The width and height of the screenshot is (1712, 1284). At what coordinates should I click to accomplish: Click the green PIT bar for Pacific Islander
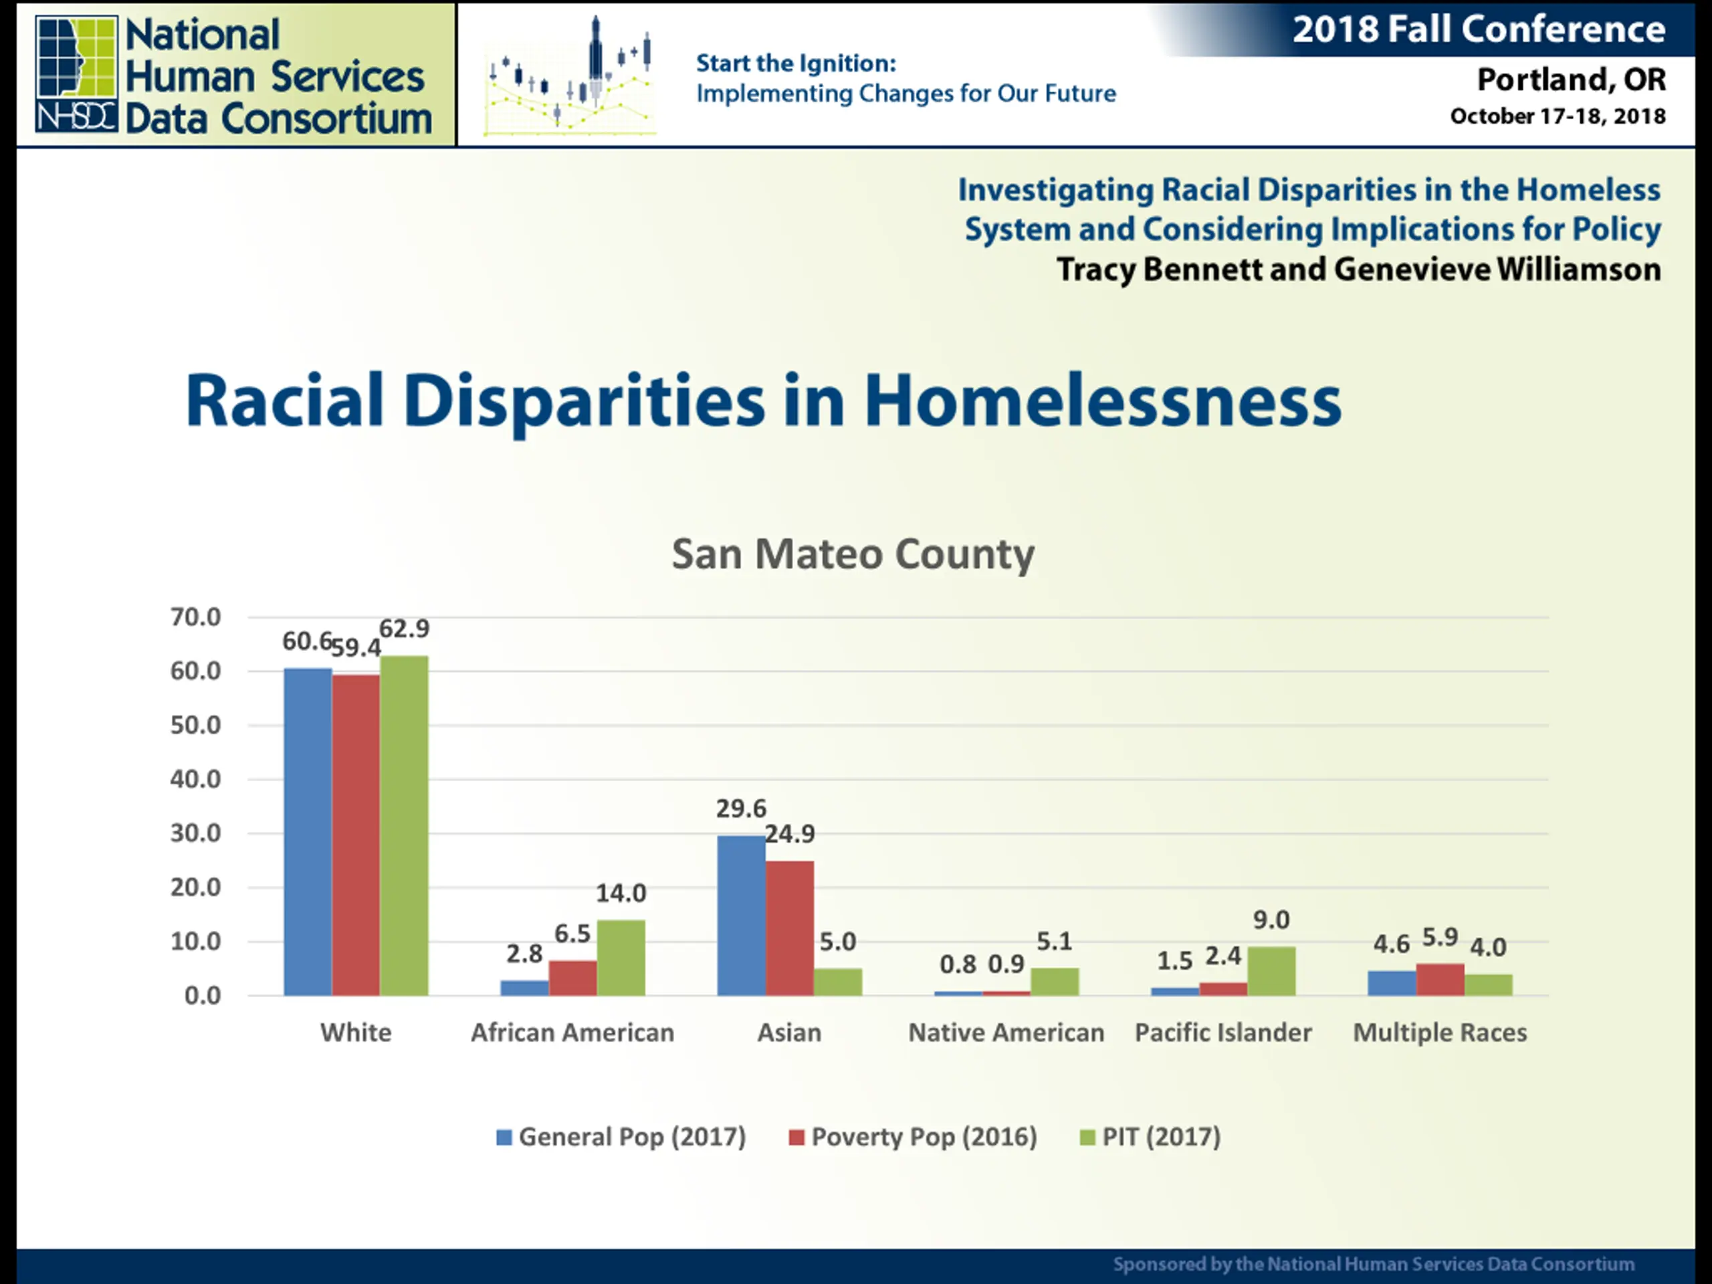[x=1271, y=970]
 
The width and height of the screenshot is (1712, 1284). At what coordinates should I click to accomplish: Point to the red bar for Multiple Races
[x=1440, y=979]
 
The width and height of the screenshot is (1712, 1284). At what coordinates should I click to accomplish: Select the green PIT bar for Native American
[x=1054, y=980]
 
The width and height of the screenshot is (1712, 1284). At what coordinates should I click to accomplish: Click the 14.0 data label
[x=621, y=893]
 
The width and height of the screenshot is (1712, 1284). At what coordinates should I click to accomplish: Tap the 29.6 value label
[x=741, y=808]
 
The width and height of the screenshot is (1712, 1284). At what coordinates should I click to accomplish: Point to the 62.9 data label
[x=404, y=629]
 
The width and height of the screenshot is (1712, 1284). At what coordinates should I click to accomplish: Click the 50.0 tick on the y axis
[x=195, y=725]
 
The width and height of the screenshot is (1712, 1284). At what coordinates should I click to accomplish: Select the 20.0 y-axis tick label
[x=195, y=887]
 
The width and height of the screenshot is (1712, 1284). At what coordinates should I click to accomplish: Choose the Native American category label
[x=1006, y=1033]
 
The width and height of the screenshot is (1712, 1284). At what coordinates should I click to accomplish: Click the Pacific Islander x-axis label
[x=1223, y=1033]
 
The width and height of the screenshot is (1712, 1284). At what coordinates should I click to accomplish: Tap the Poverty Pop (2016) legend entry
[x=914, y=1137]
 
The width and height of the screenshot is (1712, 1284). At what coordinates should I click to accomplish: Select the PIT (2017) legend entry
[x=1151, y=1137]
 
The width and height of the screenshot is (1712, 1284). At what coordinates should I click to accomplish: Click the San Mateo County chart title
[x=853, y=554]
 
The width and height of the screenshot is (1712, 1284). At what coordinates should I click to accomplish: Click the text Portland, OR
[x=1571, y=79]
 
